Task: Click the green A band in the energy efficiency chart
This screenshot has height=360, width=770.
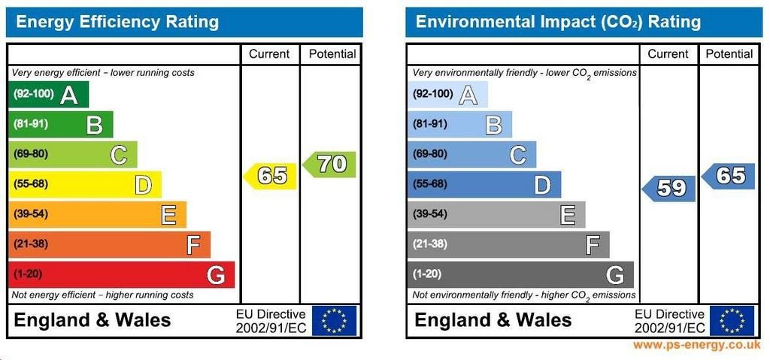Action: click(49, 94)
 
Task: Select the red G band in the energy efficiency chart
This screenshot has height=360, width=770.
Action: click(120, 274)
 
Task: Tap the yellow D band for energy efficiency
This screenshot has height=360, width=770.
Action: click(84, 184)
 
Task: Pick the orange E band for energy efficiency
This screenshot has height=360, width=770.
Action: click(96, 214)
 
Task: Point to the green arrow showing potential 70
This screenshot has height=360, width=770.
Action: click(330, 164)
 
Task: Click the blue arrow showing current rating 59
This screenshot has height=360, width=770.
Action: click(669, 188)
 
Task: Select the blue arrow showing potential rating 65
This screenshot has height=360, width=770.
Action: click(729, 176)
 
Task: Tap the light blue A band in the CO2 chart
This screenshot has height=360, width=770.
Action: click(448, 94)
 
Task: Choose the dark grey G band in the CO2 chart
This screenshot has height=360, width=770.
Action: click(520, 274)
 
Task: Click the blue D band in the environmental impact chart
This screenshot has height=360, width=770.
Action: click(484, 184)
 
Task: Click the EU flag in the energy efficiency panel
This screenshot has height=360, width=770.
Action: click(334, 320)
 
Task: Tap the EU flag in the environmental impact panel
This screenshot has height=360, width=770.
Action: click(732, 320)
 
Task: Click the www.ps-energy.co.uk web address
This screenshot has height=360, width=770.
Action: click(696, 346)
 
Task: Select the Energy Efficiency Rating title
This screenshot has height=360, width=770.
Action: click(117, 22)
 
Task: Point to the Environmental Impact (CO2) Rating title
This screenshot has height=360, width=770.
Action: click(558, 22)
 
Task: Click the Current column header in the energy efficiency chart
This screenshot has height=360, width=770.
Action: click(269, 54)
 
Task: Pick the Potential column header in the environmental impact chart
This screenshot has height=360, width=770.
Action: click(729, 54)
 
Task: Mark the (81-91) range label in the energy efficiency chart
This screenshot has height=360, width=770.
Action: click(30, 124)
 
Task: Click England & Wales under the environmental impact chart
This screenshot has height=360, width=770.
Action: click(493, 320)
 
